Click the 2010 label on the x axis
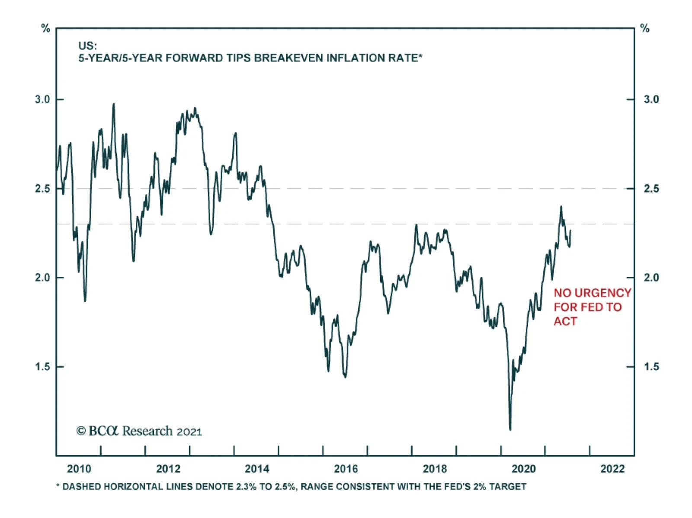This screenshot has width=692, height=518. click(79, 469)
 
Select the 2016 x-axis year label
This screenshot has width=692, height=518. click(346, 469)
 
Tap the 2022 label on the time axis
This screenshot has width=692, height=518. click(612, 469)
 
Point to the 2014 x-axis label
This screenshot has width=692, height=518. click(257, 469)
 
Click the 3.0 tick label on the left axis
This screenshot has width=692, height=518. click(42, 99)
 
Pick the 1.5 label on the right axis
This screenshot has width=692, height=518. click(651, 367)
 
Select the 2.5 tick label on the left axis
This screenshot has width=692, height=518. click(42, 189)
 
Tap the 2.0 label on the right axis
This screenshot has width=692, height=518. click(651, 278)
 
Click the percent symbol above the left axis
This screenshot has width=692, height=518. click(45, 29)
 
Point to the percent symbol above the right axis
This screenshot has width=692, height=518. click(644, 29)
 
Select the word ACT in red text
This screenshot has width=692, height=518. click(565, 321)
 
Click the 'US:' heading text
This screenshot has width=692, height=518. click(87, 46)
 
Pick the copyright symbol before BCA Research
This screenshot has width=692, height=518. click(81, 431)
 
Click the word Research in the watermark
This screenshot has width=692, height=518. click(147, 431)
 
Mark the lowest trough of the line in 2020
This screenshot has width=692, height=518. click(510, 429)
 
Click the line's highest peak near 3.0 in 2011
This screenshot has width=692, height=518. click(114, 104)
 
